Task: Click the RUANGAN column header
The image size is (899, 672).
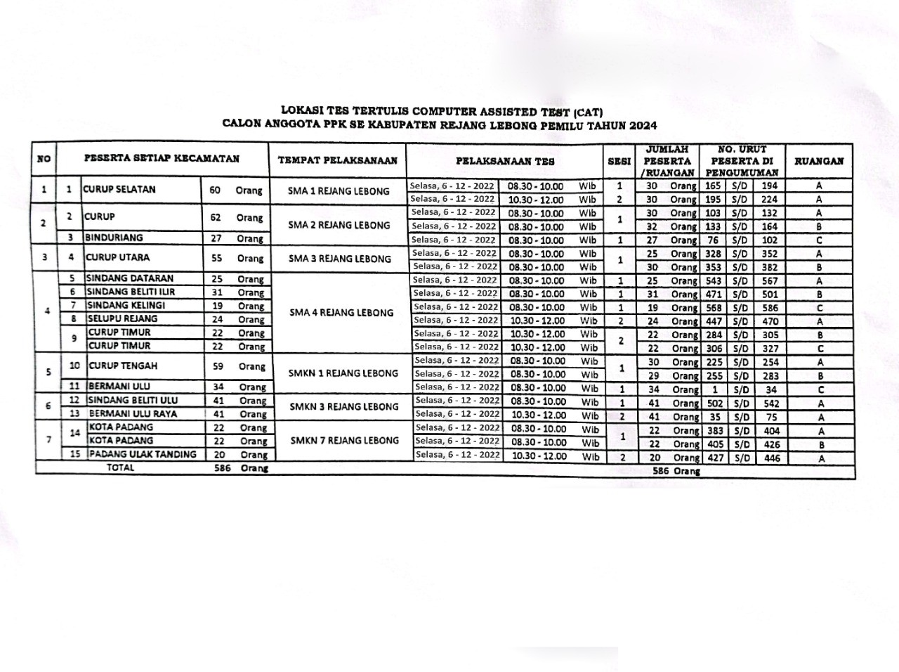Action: click(819, 161)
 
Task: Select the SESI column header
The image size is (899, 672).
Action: click(619, 161)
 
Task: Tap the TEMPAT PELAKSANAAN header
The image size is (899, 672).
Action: click(338, 160)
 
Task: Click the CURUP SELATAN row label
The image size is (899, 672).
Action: click(119, 189)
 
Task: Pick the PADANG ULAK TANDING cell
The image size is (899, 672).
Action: click(143, 454)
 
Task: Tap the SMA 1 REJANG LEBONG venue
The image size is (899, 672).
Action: click(339, 191)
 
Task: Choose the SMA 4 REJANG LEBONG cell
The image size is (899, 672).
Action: click(341, 313)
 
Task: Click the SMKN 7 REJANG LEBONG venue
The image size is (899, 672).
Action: click(343, 441)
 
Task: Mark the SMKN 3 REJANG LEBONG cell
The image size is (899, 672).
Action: click(343, 406)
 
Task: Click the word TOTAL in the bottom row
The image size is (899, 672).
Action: click(120, 467)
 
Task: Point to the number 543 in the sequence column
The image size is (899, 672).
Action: click(713, 280)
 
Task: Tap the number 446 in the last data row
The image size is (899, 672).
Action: click(771, 458)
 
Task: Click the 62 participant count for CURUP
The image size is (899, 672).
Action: click(216, 218)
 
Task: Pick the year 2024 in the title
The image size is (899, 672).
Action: click(643, 126)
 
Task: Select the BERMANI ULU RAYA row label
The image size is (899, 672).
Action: click(133, 413)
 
